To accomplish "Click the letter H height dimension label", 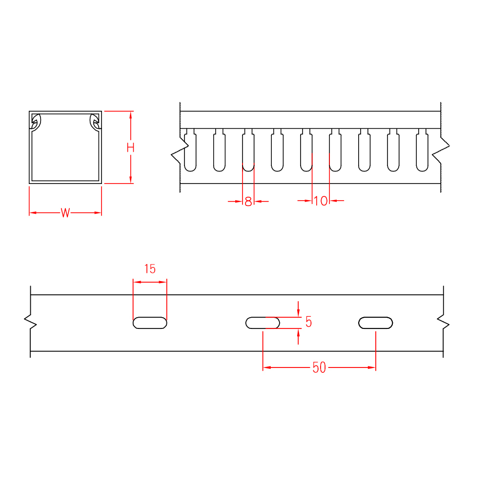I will (x=130, y=148).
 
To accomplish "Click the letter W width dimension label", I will (x=65, y=213).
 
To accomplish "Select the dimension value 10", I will (x=321, y=201).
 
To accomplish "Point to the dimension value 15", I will (x=150, y=269).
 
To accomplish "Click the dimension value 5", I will (x=308, y=322).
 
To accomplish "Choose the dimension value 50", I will (x=319, y=368).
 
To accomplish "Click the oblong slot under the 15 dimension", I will (x=150, y=323).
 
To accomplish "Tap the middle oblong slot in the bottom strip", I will (x=263, y=323).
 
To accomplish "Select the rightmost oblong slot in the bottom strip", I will (x=376, y=323).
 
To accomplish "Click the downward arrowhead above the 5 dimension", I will (x=298, y=313).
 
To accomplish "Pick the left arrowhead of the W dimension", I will (x=33, y=213).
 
